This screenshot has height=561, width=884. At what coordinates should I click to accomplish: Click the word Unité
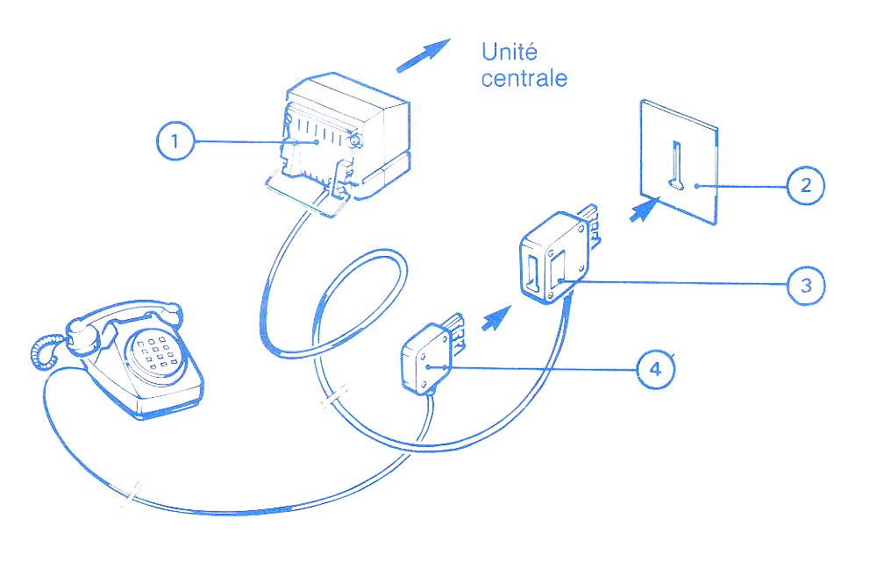(x=509, y=52)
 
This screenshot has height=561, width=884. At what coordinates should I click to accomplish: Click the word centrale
(x=524, y=78)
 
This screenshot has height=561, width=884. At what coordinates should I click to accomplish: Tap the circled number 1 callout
(x=175, y=140)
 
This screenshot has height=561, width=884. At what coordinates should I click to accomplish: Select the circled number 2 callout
(x=806, y=185)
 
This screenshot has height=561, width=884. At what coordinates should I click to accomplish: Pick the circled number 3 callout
(x=806, y=285)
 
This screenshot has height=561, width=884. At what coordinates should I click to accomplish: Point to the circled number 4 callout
(x=655, y=369)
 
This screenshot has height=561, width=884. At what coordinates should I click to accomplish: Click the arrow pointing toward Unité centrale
(x=424, y=55)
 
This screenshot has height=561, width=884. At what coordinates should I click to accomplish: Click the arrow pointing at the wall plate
(x=645, y=209)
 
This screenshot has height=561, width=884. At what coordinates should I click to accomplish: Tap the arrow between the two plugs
(x=496, y=318)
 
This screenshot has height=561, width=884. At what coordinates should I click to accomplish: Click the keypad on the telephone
(x=153, y=352)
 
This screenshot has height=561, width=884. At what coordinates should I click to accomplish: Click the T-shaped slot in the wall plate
(x=675, y=165)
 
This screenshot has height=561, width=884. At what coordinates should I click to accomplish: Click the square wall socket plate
(x=679, y=162)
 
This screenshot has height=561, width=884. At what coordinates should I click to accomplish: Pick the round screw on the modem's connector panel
(x=355, y=139)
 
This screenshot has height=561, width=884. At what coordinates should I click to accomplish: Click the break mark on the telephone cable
(x=131, y=496)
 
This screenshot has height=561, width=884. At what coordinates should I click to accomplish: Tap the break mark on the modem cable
(x=335, y=396)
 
